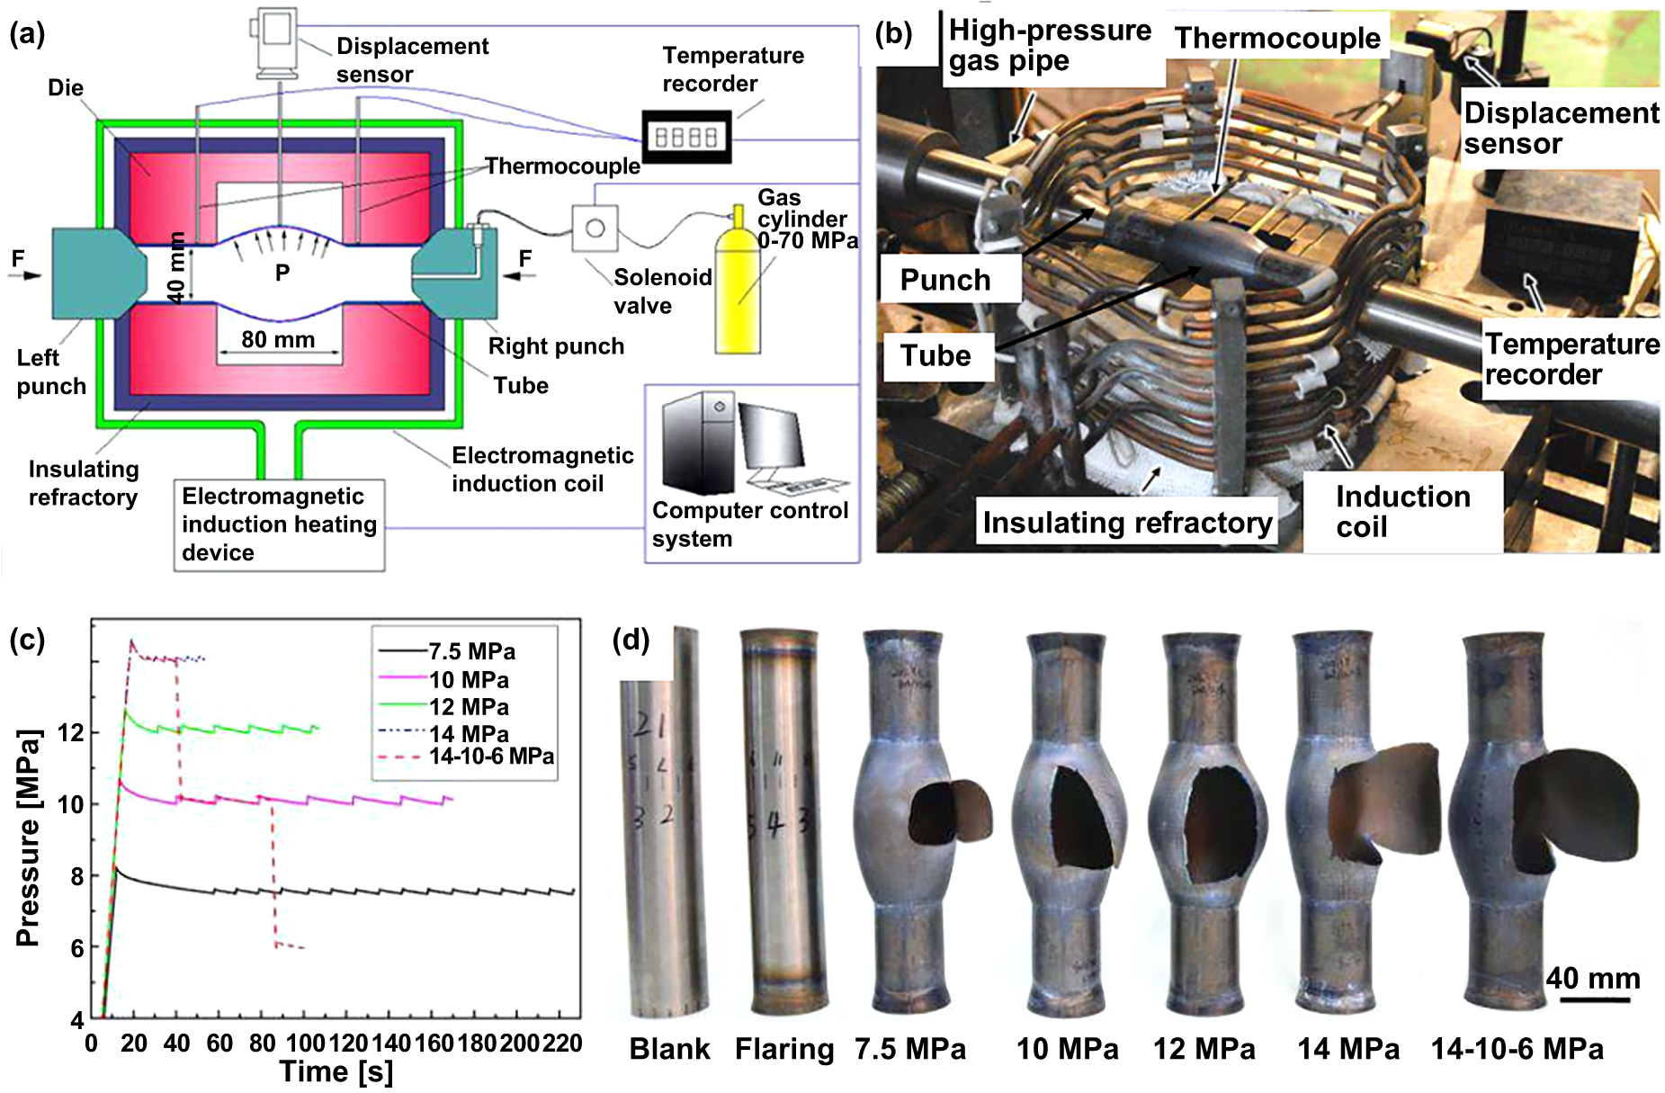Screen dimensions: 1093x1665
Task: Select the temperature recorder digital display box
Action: pyautogui.click(x=686, y=137)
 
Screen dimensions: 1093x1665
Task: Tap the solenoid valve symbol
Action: pyautogui.click(x=595, y=228)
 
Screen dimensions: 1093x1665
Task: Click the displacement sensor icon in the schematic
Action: pyautogui.click(x=275, y=40)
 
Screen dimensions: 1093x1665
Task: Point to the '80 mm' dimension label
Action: pyautogui.click(x=278, y=340)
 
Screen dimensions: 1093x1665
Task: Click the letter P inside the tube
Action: pyautogui.click(x=282, y=273)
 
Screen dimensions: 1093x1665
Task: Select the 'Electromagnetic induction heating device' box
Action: pyautogui.click(x=279, y=524)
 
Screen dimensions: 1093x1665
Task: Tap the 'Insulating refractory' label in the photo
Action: pyautogui.click(x=1126, y=522)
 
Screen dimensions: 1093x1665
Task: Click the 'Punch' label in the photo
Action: pyautogui.click(x=945, y=280)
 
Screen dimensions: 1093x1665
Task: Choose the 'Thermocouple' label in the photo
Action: pyautogui.click(x=1276, y=38)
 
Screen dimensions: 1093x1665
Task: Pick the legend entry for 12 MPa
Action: pyautogui.click(x=468, y=707)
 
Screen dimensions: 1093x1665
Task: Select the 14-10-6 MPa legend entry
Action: pyautogui.click(x=490, y=757)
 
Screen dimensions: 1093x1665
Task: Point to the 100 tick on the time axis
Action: pyautogui.click(x=306, y=1044)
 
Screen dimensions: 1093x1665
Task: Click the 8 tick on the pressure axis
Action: pyautogui.click(x=76, y=876)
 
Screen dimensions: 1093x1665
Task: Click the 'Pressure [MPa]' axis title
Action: pyautogui.click(x=29, y=837)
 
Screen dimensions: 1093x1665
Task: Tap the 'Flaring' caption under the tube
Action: pyautogui.click(x=783, y=1049)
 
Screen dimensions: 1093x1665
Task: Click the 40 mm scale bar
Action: pyautogui.click(x=1594, y=999)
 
